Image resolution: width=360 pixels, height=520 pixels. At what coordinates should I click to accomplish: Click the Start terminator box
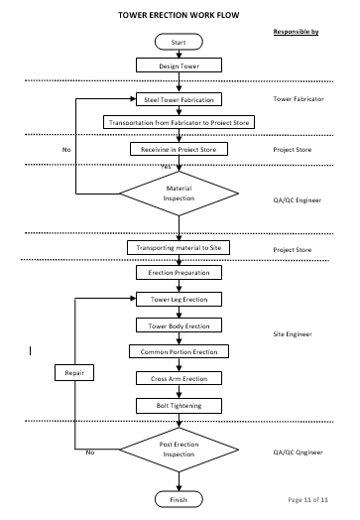click(x=179, y=43)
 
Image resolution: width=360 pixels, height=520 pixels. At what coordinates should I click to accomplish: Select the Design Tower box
click(x=179, y=66)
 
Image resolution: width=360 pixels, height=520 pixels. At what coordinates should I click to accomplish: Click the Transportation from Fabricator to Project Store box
click(x=179, y=122)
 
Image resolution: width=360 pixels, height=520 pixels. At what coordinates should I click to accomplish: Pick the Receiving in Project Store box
click(x=179, y=149)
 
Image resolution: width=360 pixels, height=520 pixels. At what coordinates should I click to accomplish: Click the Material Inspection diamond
click(x=179, y=194)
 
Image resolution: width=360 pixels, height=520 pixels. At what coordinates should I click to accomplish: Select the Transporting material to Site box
click(x=179, y=247)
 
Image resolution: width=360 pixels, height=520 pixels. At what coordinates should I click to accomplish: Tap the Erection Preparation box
click(x=179, y=272)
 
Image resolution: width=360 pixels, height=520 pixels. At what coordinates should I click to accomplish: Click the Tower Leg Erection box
click(x=179, y=299)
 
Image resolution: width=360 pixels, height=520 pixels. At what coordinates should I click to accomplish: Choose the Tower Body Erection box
click(x=179, y=325)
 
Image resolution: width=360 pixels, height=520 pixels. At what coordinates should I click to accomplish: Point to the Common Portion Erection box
click(x=179, y=351)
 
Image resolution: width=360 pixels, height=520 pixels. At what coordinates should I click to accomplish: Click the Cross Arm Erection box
click(x=179, y=378)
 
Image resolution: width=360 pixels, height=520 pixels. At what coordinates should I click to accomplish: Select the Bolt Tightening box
click(x=179, y=405)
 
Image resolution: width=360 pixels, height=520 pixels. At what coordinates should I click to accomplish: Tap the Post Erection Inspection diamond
click(x=179, y=450)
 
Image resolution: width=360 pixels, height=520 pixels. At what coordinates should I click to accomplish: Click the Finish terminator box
click(x=179, y=499)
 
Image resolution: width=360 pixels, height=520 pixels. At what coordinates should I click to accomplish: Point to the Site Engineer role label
click(x=293, y=335)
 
